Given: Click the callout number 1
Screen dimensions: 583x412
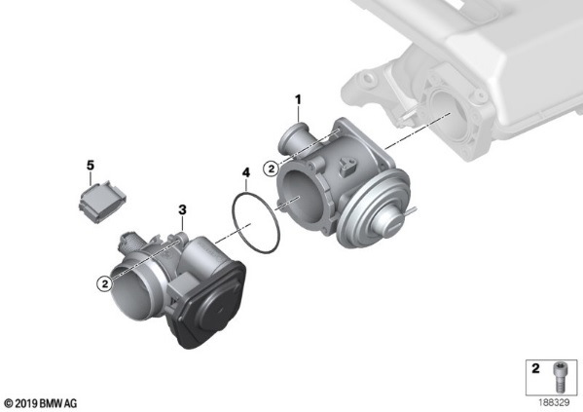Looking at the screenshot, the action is point(298,99).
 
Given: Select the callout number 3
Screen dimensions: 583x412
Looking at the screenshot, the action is point(182,210).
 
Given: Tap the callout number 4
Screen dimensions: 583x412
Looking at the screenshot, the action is point(246,172).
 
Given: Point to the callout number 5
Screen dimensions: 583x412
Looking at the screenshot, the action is point(91,166).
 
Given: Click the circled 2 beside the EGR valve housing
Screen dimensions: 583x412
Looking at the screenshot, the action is point(271,169).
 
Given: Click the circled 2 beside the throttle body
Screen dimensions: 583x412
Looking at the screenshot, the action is point(105,284).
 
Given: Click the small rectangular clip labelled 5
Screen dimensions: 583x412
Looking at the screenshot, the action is point(102,202).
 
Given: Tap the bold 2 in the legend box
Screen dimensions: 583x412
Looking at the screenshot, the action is point(535,368).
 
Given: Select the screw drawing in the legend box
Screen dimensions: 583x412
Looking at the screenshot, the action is point(558,377).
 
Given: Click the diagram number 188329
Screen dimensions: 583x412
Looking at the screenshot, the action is point(554,402).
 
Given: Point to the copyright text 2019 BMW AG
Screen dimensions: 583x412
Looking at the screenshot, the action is point(41,403).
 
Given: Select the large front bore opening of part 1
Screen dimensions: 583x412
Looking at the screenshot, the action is point(301,197).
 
